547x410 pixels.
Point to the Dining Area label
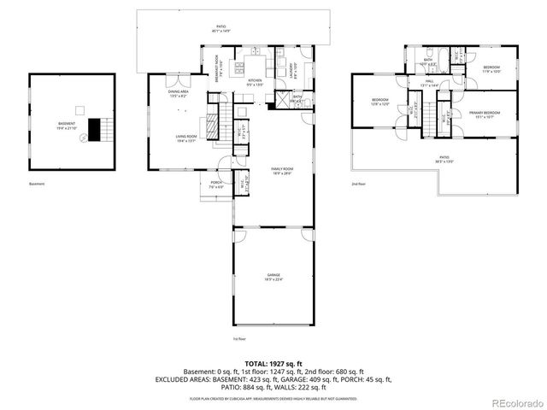pyautogui.click(x=178, y=94)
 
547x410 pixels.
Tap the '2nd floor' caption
pyautogui.click(x=358, y=184)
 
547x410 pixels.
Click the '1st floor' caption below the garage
pyautogui.click(x=240, y=339)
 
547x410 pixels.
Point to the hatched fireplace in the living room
pyautogui.click(x=211, y=119)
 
